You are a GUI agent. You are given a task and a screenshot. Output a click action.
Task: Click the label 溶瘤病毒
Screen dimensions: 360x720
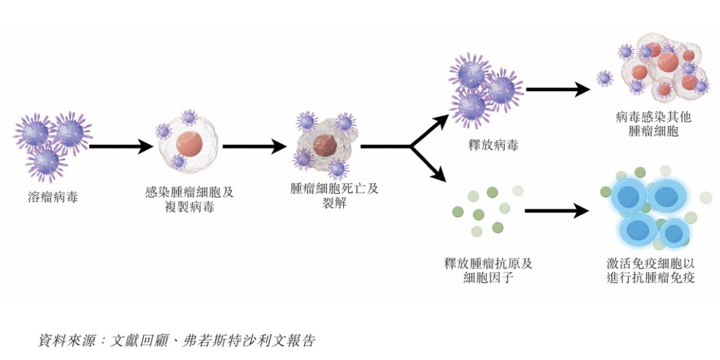pyautogui.click(x=53, y=196)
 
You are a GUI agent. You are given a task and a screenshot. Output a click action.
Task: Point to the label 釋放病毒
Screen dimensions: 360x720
pyautogui.click(x=493, y=145)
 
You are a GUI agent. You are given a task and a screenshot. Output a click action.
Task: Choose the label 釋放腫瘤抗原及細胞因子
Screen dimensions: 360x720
pyautogui.click(x=488, y=271)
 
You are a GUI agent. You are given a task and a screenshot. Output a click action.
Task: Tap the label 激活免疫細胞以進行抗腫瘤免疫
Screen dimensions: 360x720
pyautogui.click(x=650, y=271)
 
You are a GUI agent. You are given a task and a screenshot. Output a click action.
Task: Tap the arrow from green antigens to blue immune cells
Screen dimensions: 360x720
pyautogui.click(x=556, y=211)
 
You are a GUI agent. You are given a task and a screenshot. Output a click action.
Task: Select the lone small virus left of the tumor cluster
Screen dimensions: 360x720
pyautogui.click(x=604, y=77)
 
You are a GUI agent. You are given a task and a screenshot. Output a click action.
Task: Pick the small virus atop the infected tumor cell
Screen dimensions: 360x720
pyautogui.click(x=190, y=117)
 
